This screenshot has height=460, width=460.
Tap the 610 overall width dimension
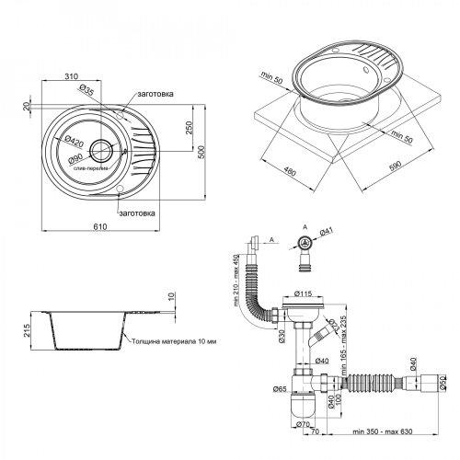pyautogui.click(x=100, y=225)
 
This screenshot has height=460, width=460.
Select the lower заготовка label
pyautogui.click(x=147, y=213)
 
